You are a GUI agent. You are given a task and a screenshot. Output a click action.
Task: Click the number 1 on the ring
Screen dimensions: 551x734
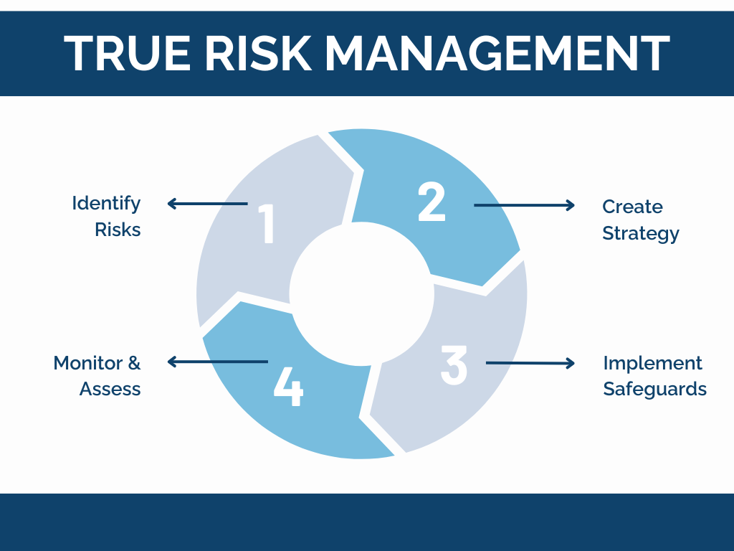267,225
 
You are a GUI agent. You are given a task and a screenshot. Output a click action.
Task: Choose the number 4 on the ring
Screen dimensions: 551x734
288,388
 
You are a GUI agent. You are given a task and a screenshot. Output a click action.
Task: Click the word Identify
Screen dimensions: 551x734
106,204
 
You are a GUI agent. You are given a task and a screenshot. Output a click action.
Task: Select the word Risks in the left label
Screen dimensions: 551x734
118,230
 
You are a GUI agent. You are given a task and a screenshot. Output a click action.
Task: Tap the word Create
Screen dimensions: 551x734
632,207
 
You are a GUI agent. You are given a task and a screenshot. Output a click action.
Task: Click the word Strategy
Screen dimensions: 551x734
640,233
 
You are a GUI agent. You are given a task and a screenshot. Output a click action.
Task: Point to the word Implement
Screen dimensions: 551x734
652,363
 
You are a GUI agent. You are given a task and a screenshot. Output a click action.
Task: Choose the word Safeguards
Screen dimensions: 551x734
654,389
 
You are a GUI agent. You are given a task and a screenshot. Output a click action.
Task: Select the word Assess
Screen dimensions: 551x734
110,389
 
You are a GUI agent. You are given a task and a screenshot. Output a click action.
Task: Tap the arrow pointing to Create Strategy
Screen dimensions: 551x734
524,205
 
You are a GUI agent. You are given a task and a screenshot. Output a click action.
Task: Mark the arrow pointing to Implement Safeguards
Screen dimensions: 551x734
530,363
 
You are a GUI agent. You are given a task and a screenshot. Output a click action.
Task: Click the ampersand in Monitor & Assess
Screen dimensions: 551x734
133,363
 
